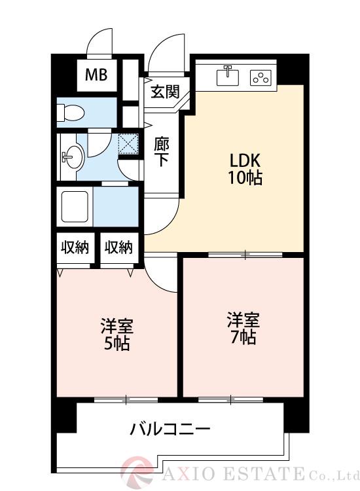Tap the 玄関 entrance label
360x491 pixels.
point(165,92)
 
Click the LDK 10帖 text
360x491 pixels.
point(245,169)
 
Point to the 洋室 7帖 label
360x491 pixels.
point(243,329)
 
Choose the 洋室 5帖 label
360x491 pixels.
point(116,334)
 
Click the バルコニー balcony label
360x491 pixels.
point(170,430)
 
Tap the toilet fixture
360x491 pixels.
point(69,113)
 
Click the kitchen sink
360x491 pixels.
point(228,77)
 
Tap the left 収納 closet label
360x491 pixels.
point(75,247)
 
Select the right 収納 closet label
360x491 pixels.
point(118,247)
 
